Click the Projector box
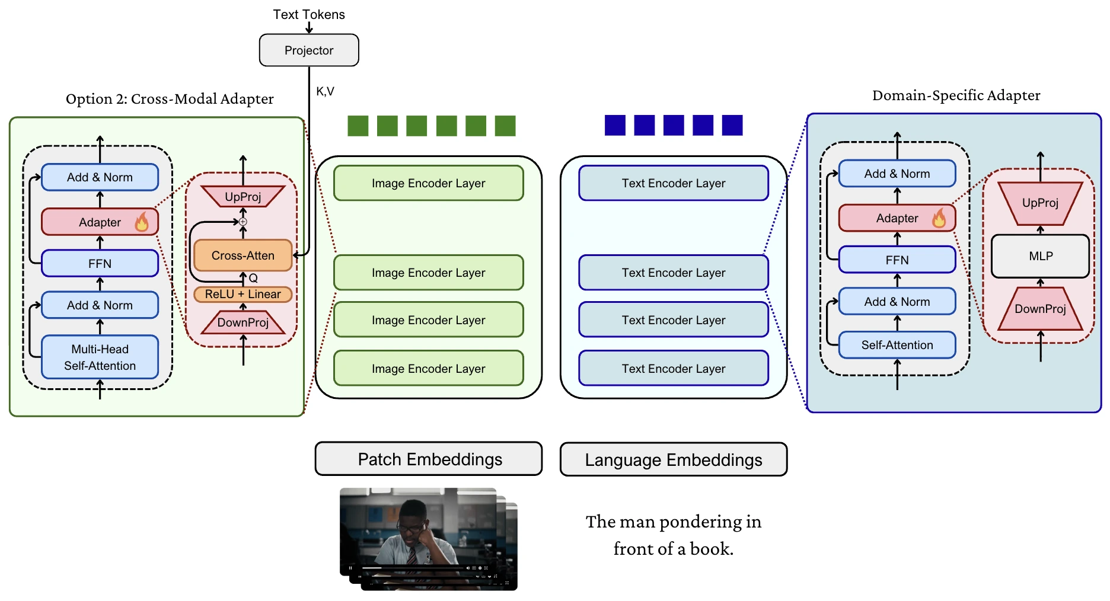pyautogui.click(x=308, y=50)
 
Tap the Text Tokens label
pyautogui.click(x=308, y=14)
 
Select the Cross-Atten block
pyautogui.click(x=243, y=255)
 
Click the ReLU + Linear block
pyautogui.click(x=243, y=294)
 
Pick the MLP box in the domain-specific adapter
pyautogui.click(x=1040, y=256)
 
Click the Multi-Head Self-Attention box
pyautogui.click(x=100, y=357)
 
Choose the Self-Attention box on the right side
pyautogui.click(x=897, y=345)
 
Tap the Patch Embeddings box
pyautogui.click(x=428, y=459)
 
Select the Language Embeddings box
pyautogui.click(x=673, y=459)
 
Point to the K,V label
pyautogui.click(x=325, y=91)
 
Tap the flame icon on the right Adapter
pyautogui.click(x=939, y=218)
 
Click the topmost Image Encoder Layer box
pyautogui.click(x=428, y=183)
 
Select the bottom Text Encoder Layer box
pyautogui.click(x=673, y=368)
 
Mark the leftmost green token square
pyautogui.click(x=358, y=126)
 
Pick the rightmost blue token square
pyautogui.click(x=732, y=125)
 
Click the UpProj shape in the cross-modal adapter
pyautogui.click(x=243, y=196)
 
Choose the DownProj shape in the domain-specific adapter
pyautogui.click(x=1040, y=309)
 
